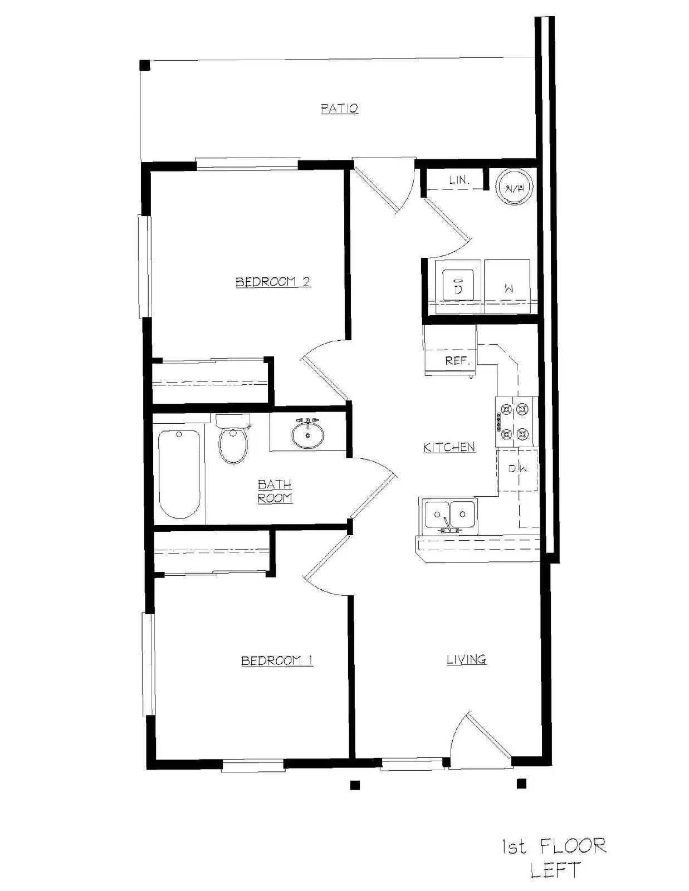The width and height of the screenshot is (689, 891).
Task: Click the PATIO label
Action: [339, 108]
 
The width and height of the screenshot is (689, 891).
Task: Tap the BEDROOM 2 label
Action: [273, 282]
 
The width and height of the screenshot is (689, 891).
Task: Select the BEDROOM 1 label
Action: [277, 660]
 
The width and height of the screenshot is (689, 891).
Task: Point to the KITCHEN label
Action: [449, 447]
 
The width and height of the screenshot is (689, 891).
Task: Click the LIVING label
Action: [467, 659]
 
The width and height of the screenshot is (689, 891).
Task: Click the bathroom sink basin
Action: [307, 435]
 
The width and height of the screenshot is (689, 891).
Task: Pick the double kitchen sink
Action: [449, 515]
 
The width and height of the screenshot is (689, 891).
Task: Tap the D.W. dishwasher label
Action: [519, 469]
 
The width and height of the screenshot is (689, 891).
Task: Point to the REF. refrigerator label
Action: [457, 361]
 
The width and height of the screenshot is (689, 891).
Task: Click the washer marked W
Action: [508, 287]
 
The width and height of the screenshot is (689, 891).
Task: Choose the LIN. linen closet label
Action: [460, 180]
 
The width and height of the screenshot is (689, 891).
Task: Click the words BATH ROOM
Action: [275, 491]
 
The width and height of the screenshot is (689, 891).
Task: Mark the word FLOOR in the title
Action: [573, 847]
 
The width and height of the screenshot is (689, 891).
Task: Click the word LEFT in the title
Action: [555, 870]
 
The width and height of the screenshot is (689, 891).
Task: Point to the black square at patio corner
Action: [145, 65]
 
